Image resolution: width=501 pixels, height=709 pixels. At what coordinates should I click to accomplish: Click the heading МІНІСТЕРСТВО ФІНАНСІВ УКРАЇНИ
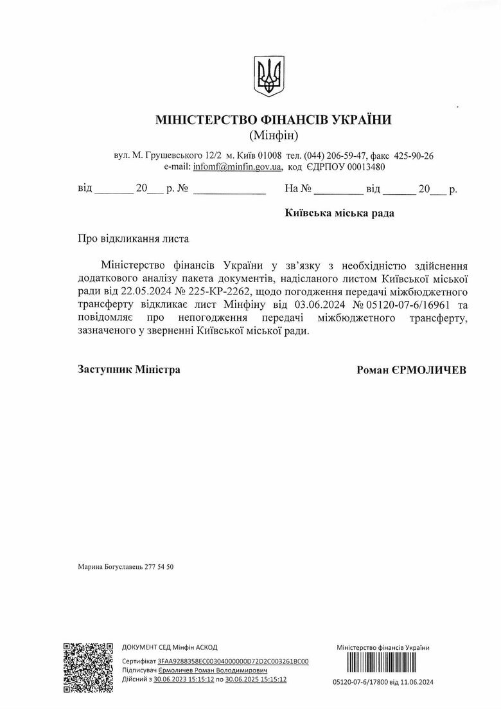point(273,120)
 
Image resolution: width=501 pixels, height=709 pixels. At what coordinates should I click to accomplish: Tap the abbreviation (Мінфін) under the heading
point(273,136)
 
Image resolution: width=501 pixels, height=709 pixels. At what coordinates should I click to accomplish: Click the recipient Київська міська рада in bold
point(339,213)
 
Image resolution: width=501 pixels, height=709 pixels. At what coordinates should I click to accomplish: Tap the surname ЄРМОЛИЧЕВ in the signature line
point(434,370)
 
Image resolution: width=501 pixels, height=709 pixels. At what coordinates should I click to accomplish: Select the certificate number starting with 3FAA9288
point(233,661)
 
